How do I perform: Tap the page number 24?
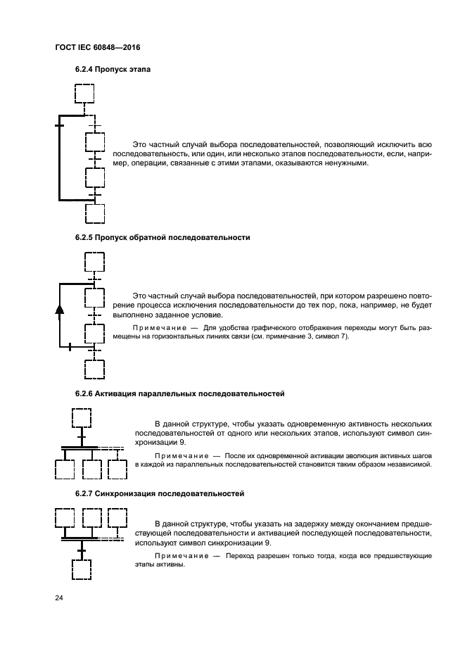59,598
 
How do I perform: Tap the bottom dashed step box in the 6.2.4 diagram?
94,213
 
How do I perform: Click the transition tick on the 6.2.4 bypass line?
59,125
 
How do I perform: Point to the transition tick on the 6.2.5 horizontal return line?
70,346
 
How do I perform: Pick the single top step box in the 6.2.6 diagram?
82,417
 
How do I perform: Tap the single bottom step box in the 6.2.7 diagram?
82,569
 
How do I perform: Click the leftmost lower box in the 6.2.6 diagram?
65,469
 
